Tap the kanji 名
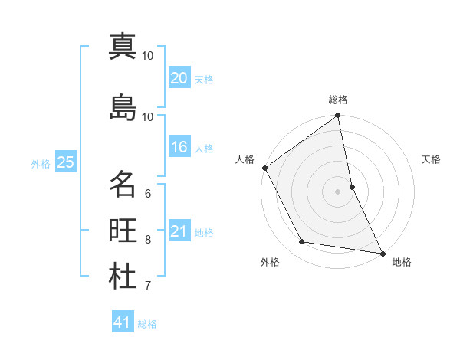(x=123, y=184)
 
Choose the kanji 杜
(x=123, y=277)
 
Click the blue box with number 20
(x=179, y=77)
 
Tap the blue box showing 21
(x=179, y=231)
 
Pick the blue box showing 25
(x=65, y=162)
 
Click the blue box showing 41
(x=123, y=322)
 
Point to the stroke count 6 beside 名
(x=148, y=193)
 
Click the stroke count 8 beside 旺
(x=148, y=240)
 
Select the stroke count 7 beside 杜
(x=148, y=286)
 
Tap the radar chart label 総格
(x=338, y=100)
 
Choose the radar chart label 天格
(x=431, y=159)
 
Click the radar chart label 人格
(x=245, y=159)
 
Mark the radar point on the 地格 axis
(x=382, y=253)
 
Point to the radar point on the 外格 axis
(x=302, y=242)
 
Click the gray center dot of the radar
(x=338, y=191)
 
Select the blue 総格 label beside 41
(x=147, y=324)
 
